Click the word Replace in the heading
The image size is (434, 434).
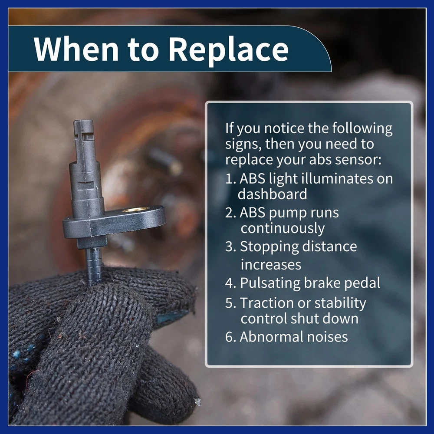(229, 49)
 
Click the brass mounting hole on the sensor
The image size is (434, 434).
(136, 210)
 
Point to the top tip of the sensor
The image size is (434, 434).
(83, 121)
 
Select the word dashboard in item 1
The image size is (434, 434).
(273, 194)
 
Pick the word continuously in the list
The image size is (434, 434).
(283, 229)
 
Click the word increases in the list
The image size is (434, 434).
(271, 264)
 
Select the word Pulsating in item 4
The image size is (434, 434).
(270, 283)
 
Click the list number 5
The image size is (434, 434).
(229, 303)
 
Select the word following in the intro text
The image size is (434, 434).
(362, 129)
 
